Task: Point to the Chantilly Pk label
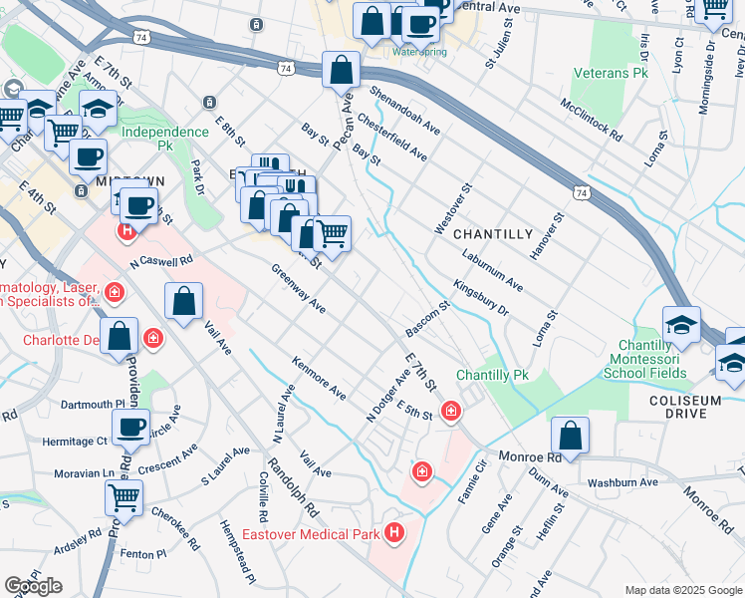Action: tap(492, 376)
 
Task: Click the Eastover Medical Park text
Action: tap(324, 535)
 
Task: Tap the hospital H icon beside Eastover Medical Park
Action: tap(395, 534)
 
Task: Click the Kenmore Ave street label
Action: tap(319, 380)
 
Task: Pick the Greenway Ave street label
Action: tap(298, 289)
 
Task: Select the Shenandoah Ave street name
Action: tap(404, 110)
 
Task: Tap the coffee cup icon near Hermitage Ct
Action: tap(130, 426)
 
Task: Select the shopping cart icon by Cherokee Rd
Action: tap(124, 496)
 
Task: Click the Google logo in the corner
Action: tap(33, 586)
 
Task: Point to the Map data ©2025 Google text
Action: tap(683, 590)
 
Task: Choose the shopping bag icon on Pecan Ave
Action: tap(341, 70)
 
